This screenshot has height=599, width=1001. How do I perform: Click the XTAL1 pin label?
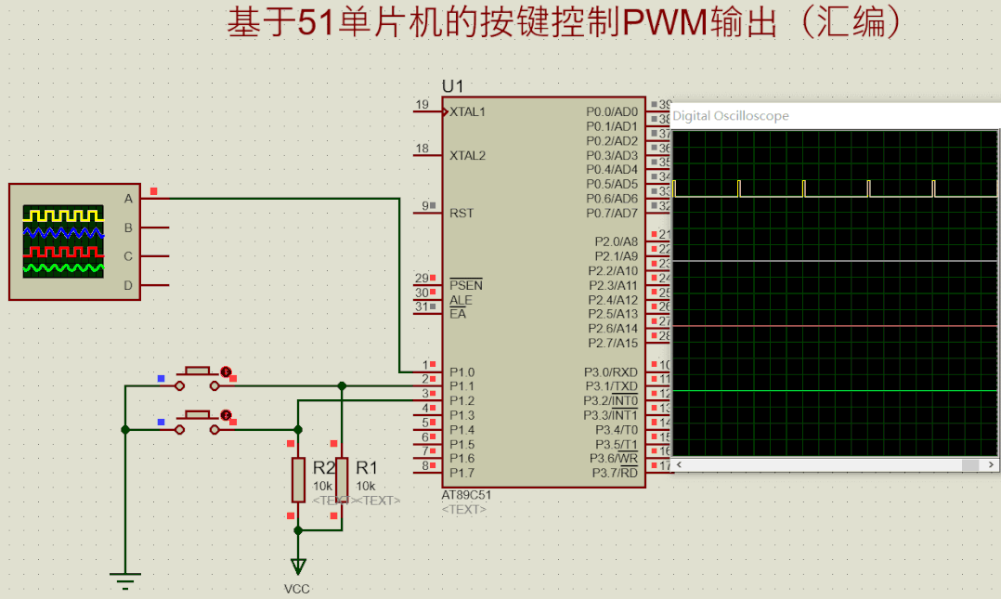pos(467,112)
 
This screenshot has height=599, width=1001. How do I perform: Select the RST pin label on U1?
pos(461,213)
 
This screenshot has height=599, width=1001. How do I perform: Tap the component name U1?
pos(452,86)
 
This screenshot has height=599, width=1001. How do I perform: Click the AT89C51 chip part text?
pos(466,495)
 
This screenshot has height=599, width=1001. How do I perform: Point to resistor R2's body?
pos(298,479)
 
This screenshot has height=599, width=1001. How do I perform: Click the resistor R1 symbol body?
pos(342,479)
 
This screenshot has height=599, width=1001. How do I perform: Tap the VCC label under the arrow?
pos(297,589)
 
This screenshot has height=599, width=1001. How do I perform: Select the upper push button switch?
pos(197,371)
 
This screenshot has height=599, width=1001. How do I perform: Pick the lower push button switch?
pos(197,415)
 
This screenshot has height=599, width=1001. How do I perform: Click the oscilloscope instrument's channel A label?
pos(128,198)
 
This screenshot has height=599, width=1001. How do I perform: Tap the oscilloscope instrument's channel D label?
pos(128,285)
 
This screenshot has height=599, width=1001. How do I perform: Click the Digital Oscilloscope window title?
pos(731,116)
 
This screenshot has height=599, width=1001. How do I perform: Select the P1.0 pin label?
pos(461,371)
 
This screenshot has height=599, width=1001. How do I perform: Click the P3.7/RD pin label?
pos(615,473)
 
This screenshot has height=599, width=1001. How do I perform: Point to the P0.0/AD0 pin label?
pos(612,112)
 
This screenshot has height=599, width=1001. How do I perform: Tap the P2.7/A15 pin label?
pos(613,343)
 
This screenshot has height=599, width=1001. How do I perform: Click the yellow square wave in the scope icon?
pos(63,215)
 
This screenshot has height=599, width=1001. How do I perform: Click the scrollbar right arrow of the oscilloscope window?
pos(993,464)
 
